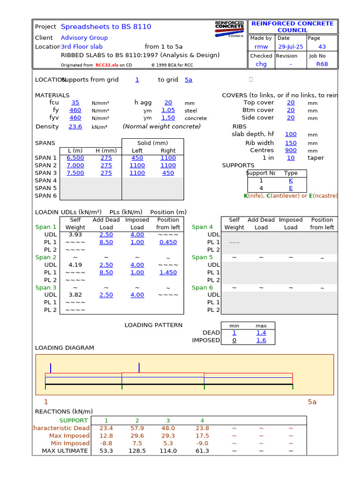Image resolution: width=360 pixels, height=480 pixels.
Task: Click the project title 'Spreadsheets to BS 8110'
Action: [106, 27]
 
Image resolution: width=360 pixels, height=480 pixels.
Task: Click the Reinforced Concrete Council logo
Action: [229, 29]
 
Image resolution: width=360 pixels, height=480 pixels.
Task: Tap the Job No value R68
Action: [322, 64]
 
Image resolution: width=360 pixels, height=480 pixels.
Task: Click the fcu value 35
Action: [75, 103]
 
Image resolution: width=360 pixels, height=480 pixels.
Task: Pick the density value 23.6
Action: [75, 127]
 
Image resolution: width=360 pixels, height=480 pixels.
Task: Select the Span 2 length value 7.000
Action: [75, 165]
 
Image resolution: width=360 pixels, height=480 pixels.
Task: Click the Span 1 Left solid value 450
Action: [137, 158]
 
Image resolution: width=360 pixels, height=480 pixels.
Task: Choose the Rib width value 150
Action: [291, 143]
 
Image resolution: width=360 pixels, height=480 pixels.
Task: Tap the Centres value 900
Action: [291, 150]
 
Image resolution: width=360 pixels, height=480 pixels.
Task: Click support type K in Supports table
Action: [291, 180]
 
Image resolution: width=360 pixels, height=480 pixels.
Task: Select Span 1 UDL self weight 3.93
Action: [75, 234]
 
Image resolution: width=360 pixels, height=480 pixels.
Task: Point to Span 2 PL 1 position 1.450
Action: [168, 272]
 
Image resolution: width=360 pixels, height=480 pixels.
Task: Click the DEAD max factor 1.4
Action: [261, 333]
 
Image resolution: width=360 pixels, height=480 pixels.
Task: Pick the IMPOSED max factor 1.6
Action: [261, 340]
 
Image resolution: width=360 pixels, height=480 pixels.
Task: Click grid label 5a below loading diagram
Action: [312, 402]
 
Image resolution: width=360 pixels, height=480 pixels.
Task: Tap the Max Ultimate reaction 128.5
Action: [137, 451]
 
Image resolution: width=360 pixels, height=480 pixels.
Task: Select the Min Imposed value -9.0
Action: [202, 443]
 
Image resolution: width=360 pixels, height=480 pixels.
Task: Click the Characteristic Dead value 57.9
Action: [137, 428]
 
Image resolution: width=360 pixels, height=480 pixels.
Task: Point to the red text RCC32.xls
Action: [107, 66]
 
